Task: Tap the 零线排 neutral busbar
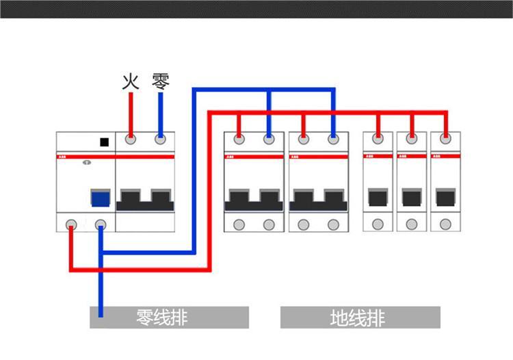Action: [169, 318]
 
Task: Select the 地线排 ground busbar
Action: [360, 318]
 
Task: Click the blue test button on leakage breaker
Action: [101, 199]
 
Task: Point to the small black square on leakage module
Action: [104, 142]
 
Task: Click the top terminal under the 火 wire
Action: [131, 140]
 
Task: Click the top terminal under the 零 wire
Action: [161, 140]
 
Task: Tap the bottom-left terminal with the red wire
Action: [70, 224]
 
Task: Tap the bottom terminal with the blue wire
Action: [101, 224]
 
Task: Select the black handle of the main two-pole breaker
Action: [145, 199]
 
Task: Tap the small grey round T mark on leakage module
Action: [86, 163]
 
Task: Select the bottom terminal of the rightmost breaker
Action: [445, 224]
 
